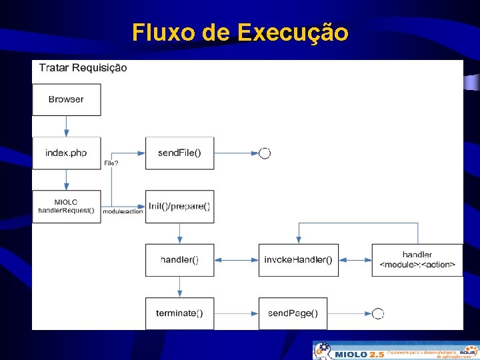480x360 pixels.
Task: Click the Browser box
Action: [x=67, y=99]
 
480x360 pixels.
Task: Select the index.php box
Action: [x=67, y=153]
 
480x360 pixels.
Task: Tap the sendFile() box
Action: [x=179, y=153]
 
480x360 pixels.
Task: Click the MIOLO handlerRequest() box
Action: [x=67, y=207]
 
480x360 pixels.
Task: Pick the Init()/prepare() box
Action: [x=179, y=207]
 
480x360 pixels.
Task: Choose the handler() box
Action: [x=179, y=260]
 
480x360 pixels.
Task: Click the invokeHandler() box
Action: [x=298, y=260]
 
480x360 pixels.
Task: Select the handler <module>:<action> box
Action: [x=417, y=260]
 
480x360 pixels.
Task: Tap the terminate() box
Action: [x=179, y=313]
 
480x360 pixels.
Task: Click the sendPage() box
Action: [x=293, y=313]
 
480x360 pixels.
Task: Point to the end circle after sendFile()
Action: [x=265, y=153]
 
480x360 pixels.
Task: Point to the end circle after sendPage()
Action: [x=378, y=313]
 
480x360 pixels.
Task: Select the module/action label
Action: [x=123, y=211]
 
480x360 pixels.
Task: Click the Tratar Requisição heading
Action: [x=83, y=67]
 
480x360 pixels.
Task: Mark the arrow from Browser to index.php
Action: [x=67, y=126]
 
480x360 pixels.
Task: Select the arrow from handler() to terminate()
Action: [x=179, y=287]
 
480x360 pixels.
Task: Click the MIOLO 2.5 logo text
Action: [x=359, y=354]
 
